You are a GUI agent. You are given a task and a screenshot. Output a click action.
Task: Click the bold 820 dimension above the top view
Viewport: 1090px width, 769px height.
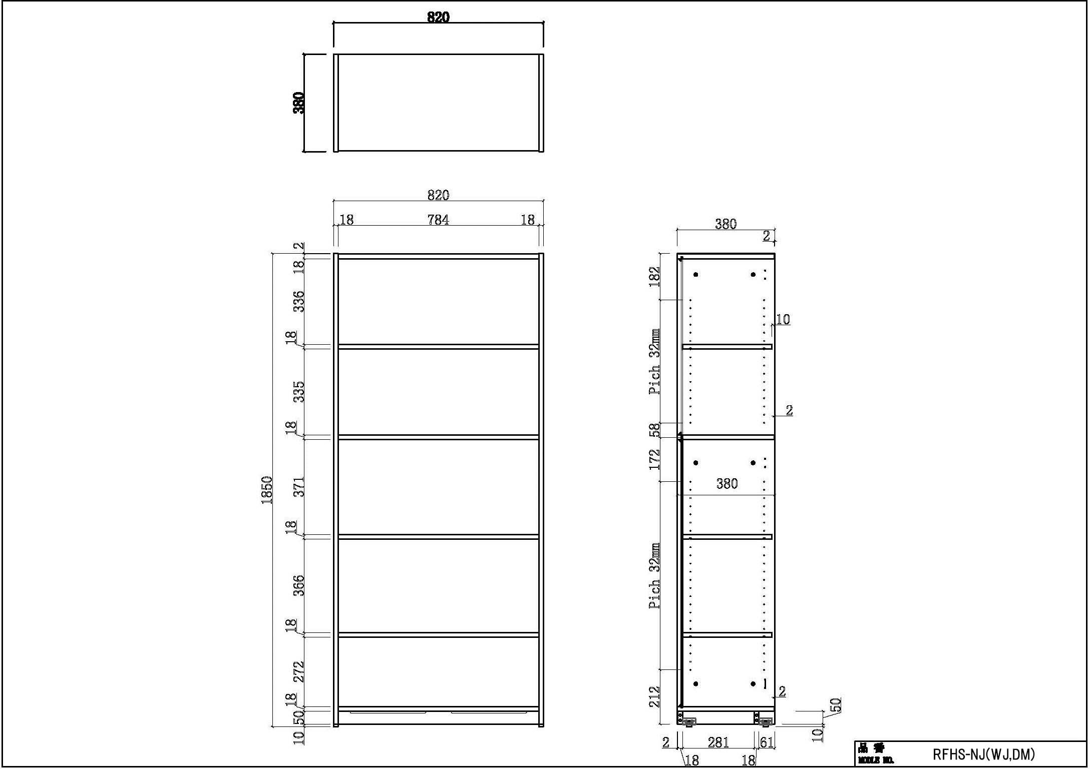(438, 17)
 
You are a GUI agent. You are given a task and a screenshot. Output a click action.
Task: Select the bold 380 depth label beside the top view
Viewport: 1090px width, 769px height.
(298, 103)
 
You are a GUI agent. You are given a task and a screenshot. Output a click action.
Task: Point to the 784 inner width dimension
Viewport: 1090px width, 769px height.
(438, 220)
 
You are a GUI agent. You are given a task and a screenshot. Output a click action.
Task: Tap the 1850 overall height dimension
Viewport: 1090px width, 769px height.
(267, 490)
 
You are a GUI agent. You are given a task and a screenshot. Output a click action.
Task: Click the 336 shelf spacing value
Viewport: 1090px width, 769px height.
(298, 301)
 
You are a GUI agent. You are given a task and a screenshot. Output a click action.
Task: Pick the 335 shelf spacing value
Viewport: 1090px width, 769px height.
(298, 392)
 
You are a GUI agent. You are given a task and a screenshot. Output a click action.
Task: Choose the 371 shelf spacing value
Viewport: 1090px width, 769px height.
(298, 487)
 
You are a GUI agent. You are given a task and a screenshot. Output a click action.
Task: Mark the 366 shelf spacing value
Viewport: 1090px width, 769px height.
(298, 585)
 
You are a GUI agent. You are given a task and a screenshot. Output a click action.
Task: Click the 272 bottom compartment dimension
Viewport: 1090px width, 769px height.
(298, 671)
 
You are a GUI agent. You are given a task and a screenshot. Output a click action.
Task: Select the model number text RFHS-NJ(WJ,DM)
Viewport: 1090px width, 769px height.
(983, 754)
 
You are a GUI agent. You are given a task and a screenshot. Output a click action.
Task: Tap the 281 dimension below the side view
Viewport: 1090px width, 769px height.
(718, 742)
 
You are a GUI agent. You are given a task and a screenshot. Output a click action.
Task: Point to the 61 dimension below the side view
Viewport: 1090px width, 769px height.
(767, 742)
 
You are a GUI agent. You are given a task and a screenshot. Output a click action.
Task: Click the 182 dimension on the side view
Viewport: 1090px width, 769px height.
(654, 277)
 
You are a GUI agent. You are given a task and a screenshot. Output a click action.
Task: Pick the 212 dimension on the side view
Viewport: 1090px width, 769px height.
(654, 696)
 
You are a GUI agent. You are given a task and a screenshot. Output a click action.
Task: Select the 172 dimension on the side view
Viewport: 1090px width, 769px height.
(654, 460)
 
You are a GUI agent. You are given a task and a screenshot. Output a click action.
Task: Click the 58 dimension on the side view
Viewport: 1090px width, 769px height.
(654, 430)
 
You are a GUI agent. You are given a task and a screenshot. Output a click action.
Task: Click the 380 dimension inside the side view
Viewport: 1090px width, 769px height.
(726, 484)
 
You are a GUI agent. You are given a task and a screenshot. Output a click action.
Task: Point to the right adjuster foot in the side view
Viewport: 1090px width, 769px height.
(765, 721)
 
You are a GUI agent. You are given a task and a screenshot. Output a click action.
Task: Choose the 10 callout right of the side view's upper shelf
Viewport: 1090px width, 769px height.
(783, 319)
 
